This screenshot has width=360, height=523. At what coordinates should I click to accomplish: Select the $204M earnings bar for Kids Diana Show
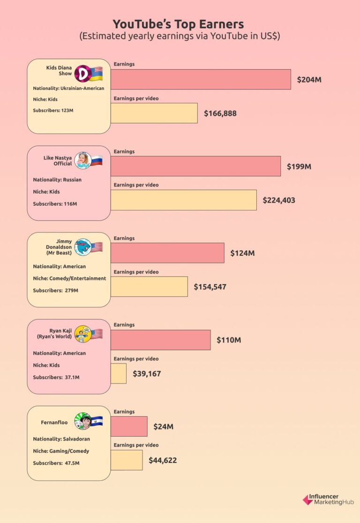(201, 79)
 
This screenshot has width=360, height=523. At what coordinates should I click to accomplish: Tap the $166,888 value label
(220, 113)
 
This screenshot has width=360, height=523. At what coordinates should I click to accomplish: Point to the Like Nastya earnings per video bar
(183, 200)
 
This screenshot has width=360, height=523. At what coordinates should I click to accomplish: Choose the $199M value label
(299, 166)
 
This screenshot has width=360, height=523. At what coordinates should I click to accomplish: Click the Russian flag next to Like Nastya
(96, 161)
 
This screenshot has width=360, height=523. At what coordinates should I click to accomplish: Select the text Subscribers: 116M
(55, 204)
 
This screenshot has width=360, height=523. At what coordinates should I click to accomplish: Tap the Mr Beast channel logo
(82, 247)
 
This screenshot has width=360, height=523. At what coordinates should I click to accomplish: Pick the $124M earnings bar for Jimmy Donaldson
(167, 253)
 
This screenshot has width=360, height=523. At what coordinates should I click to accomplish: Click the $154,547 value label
(210, 287)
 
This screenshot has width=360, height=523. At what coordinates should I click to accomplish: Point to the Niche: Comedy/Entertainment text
(69, 278)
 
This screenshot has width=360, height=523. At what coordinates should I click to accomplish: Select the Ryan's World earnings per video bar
(119, 374)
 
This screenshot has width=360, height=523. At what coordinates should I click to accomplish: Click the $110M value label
(229, 340)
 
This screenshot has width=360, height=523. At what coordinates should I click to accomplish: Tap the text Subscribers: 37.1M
(56, 377)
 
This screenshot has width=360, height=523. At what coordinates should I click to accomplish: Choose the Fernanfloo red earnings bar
(129, 426)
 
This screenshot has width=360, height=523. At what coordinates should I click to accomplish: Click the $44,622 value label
(163, 461)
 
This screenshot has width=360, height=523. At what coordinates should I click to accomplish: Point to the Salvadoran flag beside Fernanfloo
(96, 421)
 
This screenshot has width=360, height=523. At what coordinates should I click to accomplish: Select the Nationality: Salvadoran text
(61, 439)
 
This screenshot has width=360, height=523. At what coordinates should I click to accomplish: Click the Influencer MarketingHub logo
(328, 500)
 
